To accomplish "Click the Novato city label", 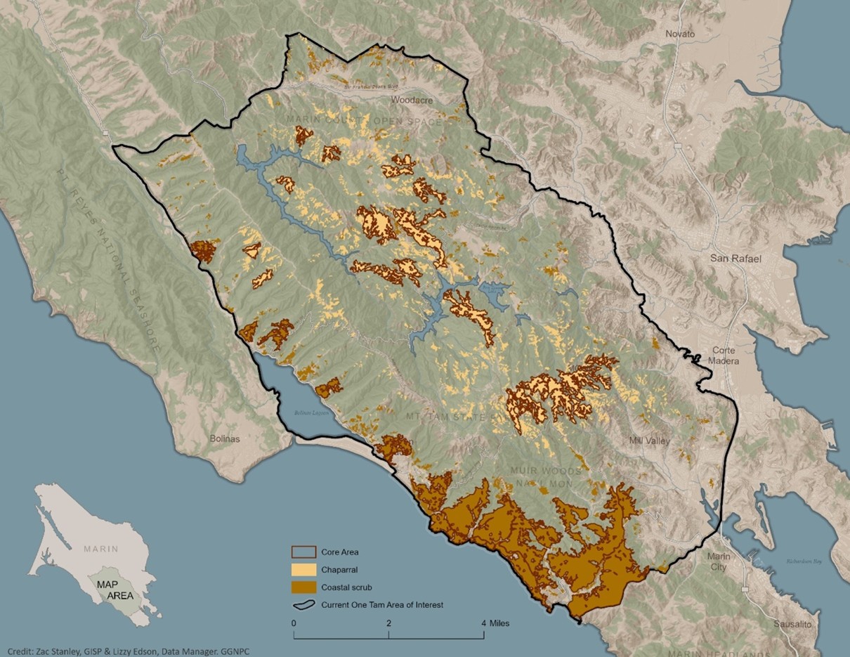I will click(x=680, y=34).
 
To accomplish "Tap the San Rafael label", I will click(x=735, y=259).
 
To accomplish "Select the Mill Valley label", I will click(x=650, y=441).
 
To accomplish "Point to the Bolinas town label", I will click(x=225, y=438).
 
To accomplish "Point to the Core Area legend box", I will click(x=303, y=552).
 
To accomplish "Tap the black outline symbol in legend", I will click(x=303, y=604).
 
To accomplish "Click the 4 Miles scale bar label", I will click(x=495, y=623).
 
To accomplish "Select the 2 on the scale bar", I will click(x=388, y=623).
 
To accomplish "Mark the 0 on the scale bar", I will click(x=293, y=623).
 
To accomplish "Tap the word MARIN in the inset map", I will click(x=100, y=549).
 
